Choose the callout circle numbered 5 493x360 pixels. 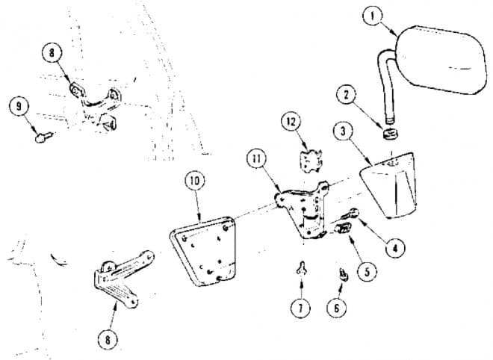(x=366, y=273)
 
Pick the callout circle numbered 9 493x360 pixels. (x=16, y=106)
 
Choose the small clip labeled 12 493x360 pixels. (x=308, y=161)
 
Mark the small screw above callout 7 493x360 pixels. (x=302, y=270)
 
